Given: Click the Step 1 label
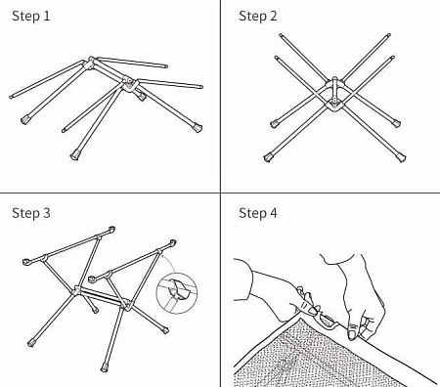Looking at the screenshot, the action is [x=31, y=16].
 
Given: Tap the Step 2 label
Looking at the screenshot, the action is [x=258, y=16].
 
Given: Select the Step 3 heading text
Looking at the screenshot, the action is [x=31, y=213].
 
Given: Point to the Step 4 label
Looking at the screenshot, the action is [x=258, y=213].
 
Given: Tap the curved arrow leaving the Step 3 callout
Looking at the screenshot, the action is [x=169, y=263].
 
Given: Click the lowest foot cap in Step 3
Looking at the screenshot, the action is [x=105, y=367].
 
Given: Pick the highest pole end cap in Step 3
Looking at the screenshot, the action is [x=111, y=230].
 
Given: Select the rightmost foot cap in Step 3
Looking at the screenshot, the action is [x=166, y=330].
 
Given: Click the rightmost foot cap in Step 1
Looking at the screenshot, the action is [x=198, y=127].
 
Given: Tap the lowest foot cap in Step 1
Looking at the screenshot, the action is [x=75, y=154].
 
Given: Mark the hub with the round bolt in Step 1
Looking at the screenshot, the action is [x=128, y=83].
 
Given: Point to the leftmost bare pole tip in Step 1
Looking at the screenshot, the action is [x=12, y=97].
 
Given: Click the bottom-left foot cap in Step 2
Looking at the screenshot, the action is [x=268, y=157].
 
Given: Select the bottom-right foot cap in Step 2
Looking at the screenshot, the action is [x=401, y=156].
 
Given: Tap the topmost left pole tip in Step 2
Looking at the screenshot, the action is [x=281, y=34].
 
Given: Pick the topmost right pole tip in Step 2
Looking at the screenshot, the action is [x=388, y=34].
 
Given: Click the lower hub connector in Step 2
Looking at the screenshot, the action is [x=333, y=104].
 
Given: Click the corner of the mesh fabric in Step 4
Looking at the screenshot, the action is [x=297, y=317].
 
